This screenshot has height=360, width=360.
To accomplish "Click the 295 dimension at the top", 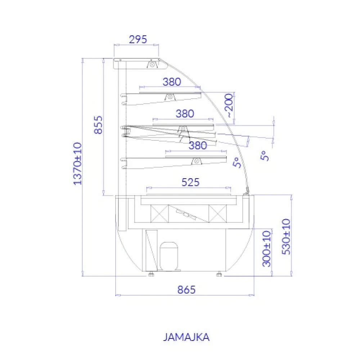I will (139, 39).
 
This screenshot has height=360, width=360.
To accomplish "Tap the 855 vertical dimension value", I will (98, 125).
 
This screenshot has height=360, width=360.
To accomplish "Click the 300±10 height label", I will (266, 248).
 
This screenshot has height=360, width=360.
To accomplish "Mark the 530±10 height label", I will (286, 237).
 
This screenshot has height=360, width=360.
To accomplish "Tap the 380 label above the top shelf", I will (171, 82).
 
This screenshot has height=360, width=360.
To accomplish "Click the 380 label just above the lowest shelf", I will (198, 145).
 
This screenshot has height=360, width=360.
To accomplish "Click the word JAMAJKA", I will (186, 337).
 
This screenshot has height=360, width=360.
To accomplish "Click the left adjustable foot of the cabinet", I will (151, 274).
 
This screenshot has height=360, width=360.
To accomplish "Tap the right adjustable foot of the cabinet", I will (219, 274).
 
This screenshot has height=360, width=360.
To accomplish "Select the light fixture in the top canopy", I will (153, 65).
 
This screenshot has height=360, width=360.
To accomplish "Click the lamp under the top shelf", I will (169, 97).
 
